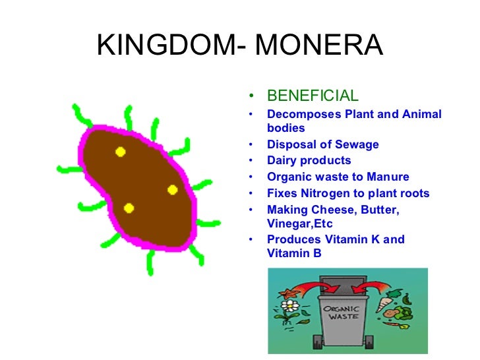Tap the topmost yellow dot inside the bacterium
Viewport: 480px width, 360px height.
[x=120, y=152]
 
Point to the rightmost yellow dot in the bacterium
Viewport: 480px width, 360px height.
[x=173, y=190]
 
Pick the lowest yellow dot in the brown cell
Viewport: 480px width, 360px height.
[x=129, y=208]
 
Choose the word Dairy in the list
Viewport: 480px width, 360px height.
[x=282, y=160]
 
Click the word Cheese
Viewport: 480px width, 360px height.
[x=328, y=210]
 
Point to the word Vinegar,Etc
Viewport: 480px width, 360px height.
[x=300, y=224]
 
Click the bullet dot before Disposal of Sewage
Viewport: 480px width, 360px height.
[x=250, y=144]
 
